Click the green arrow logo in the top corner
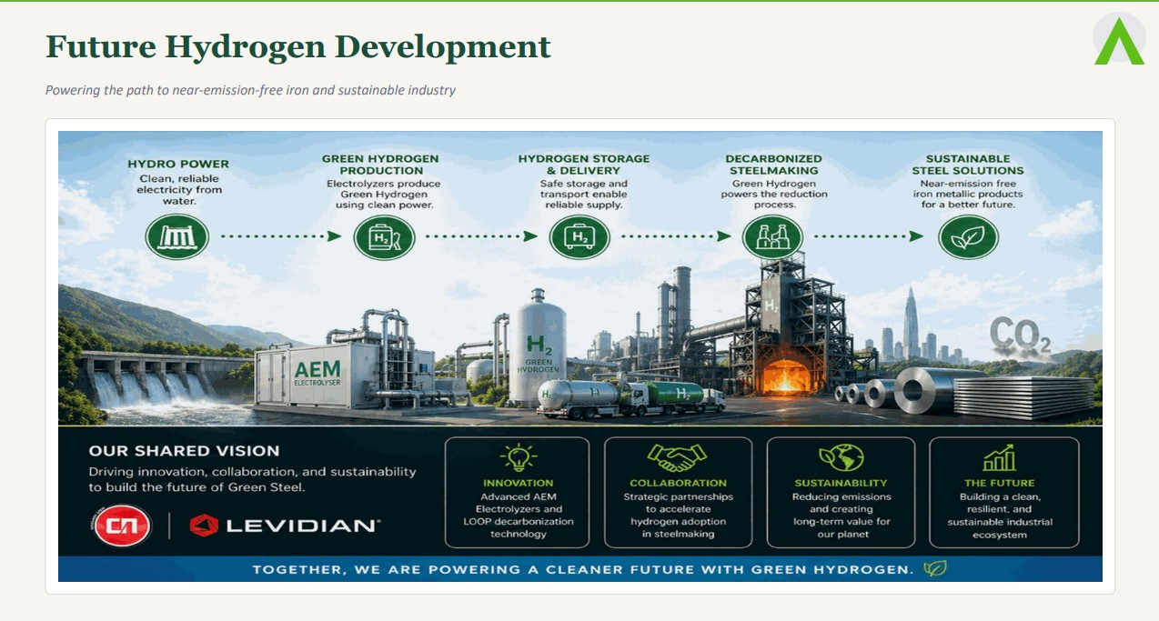1119,43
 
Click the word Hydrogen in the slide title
246,47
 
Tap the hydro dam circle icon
177,236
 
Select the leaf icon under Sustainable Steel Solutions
968,237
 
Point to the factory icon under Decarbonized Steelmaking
772,237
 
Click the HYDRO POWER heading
178,164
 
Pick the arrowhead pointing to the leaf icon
916,236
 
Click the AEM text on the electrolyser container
317,370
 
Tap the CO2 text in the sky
1020,335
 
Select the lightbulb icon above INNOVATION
519,457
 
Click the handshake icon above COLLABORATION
677,457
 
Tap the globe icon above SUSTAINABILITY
842,457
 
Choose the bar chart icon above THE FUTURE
1000,457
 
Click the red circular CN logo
122,526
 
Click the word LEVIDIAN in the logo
302,526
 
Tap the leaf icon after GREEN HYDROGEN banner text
935,569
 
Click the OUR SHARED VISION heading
184,451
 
